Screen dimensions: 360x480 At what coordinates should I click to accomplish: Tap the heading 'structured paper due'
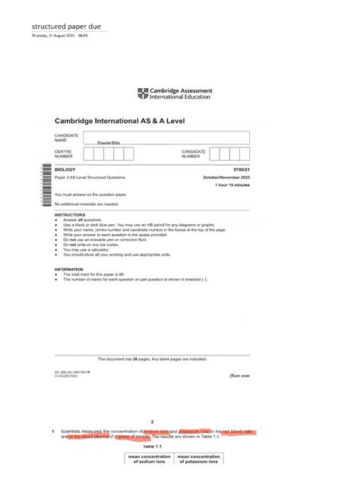(65, 26)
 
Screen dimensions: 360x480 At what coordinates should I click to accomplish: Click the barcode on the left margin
(46, 182)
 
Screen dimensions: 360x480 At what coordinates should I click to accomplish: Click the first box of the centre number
(88, 154)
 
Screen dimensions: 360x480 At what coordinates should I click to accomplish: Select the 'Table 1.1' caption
(153, 447)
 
